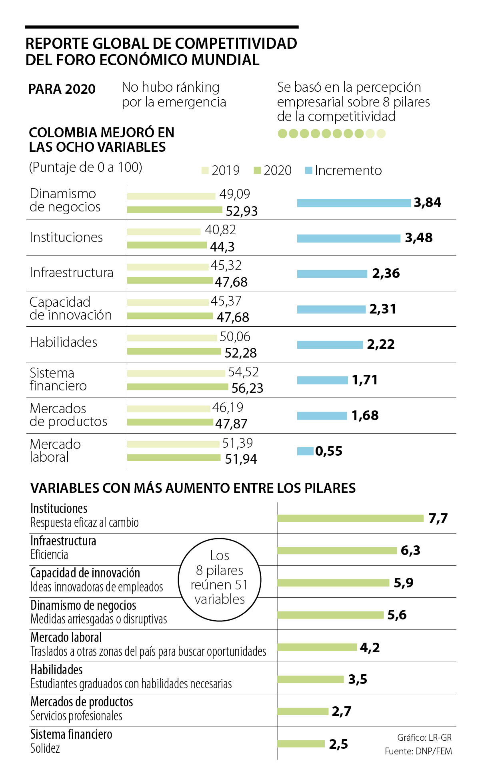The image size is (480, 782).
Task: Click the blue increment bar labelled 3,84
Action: coord(354,203)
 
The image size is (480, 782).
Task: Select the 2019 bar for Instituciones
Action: coord(164,232)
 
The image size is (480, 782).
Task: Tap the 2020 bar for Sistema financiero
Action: coord(178,387)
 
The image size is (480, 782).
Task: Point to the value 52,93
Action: coord(242,211)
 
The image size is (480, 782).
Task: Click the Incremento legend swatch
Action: coord(308,171)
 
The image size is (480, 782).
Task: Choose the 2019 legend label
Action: coord(226,171)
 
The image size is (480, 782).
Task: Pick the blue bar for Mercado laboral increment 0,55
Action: coord(305,451)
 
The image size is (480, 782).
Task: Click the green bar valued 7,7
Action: coord(350,519)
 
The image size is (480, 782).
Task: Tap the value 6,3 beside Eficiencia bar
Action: coord(410,551)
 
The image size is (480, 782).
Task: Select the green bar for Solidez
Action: coord(301,744)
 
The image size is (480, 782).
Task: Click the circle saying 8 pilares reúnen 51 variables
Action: coord(220,579)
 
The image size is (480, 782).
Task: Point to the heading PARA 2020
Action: coord(62,89)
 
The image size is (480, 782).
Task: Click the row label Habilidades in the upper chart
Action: coord(64,342)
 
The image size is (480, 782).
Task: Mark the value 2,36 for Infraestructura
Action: coord(386,273)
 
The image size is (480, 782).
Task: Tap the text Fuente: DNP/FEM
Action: coord(418,752)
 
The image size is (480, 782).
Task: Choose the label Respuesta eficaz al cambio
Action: coord(84,523)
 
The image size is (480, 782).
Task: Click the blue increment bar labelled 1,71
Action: coord(322,380)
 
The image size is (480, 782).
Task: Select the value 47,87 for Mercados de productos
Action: coord(231,424)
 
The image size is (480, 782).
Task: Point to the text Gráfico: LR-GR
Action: coord(424,738)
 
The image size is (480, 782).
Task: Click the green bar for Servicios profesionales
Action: coord(302,712)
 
